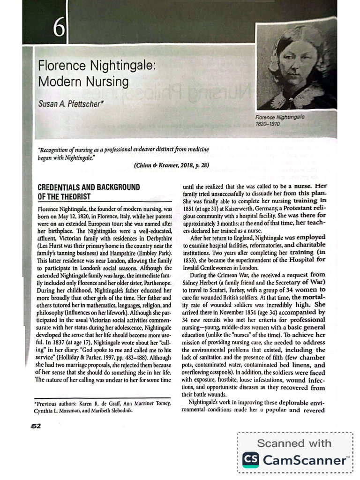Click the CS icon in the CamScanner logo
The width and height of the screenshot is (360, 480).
250,460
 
